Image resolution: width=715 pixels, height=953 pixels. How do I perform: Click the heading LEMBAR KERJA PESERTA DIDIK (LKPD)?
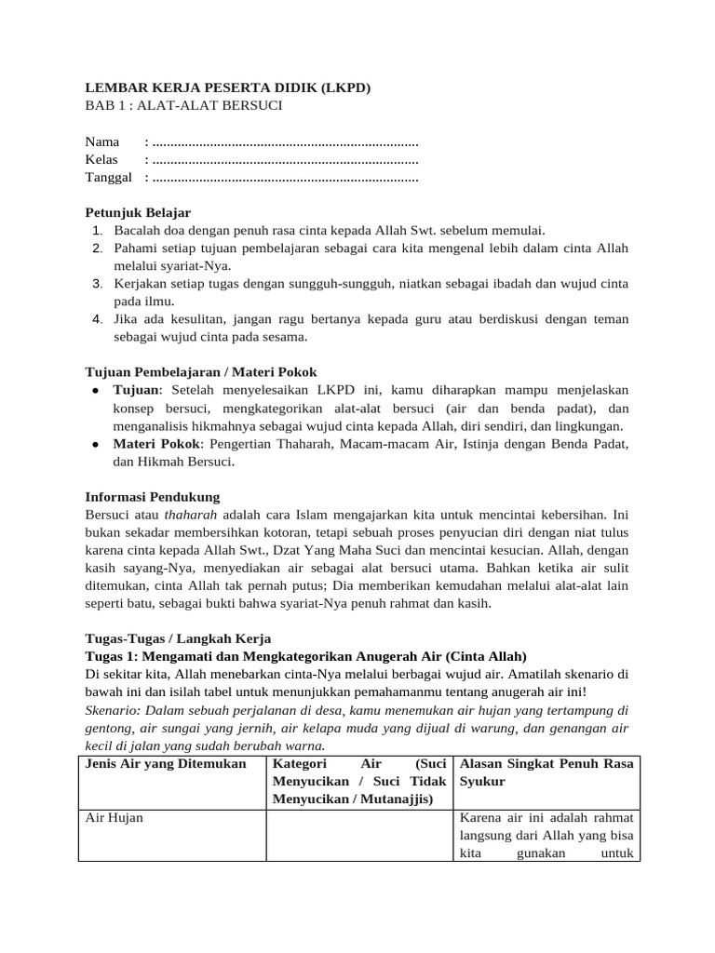(228, 88)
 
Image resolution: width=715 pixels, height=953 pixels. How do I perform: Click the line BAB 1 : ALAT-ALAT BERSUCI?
(183, 106)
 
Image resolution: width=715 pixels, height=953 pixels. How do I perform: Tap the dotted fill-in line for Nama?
(284, 142)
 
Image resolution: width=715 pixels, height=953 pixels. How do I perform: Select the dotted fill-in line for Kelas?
(284, 160)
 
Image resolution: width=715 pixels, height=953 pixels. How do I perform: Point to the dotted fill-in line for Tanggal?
(284, 178)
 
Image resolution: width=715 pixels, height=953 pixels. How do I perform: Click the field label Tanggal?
(109, 178)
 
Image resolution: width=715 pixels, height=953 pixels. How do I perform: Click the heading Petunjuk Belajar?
(138, 213)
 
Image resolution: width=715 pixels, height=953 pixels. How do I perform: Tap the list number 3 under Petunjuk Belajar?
(97, 284)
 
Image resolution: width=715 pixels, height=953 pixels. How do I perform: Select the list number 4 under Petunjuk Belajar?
(97, 319)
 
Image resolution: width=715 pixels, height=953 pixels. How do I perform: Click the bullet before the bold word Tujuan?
(96, 391)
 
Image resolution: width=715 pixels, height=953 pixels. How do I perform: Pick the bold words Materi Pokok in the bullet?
(149, 444)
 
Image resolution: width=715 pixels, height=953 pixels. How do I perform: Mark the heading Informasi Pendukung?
(153, 496)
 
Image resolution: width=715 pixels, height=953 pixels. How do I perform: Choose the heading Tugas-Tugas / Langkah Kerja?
(178, 638)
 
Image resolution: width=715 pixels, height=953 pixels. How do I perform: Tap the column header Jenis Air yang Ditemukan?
(166, 764)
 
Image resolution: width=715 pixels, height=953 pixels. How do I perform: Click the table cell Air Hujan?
(114, 818)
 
